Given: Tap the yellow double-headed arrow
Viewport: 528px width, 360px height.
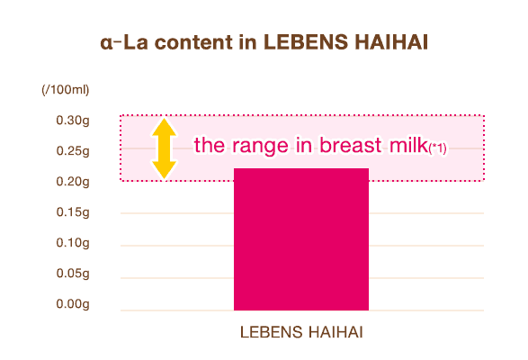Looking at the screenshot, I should pos(163,148).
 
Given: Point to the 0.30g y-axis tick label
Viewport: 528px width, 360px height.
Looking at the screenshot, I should pos(73,121).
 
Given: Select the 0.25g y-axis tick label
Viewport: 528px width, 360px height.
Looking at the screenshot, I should pos(73,151).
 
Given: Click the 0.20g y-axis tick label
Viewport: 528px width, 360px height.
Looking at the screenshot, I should pos(73,182).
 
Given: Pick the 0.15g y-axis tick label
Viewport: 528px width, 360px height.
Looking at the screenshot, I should pos(73,212).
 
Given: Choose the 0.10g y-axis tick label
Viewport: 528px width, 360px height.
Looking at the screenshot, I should pos(73,243).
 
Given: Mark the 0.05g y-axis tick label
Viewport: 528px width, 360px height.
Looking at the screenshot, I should pos(73,274).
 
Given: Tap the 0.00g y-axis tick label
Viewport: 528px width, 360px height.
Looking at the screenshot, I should pos(73,304).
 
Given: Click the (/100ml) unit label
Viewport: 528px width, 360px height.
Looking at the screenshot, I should pos(65,90).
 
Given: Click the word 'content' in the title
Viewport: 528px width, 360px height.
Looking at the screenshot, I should pos(196,43).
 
